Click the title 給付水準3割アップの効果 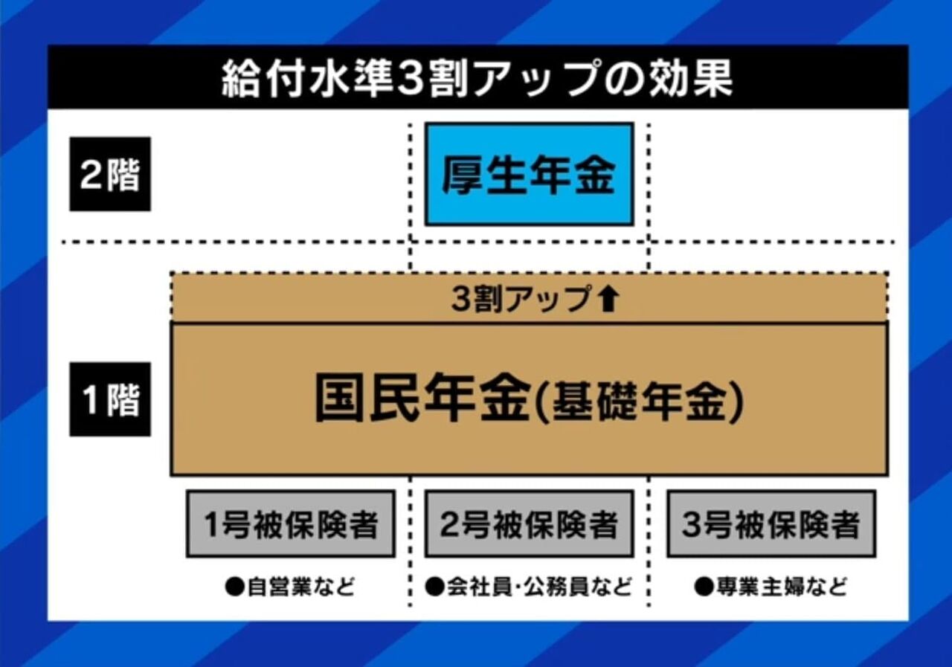(476, 79)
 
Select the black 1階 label (110, 399)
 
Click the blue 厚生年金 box (529, 174)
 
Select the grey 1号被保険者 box (290, 523)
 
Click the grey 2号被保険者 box (529, 523)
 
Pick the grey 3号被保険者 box (771, 523)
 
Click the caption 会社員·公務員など (535, 587)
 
